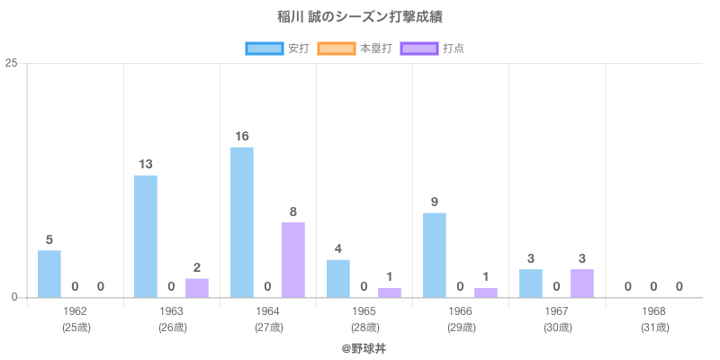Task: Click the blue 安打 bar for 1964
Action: [242, 222]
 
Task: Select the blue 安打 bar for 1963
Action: [146, 237]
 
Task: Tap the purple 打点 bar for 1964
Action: [292, 260]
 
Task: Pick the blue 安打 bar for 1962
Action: [49, 274]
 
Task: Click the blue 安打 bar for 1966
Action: [435, 256]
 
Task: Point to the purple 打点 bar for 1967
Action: [581, 283]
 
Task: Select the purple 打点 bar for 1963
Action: [197, 288]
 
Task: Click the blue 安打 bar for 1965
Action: [338, 279]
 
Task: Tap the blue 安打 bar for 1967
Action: [531, 283]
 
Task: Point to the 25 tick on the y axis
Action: [12, 63]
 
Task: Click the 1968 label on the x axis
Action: [653, 311]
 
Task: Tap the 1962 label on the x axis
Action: [76, 311]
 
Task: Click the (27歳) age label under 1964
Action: [268, 328]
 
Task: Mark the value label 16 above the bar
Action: [242, 137]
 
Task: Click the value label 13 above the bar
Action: [146, 165]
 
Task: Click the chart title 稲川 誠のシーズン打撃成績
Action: [360, 17]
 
